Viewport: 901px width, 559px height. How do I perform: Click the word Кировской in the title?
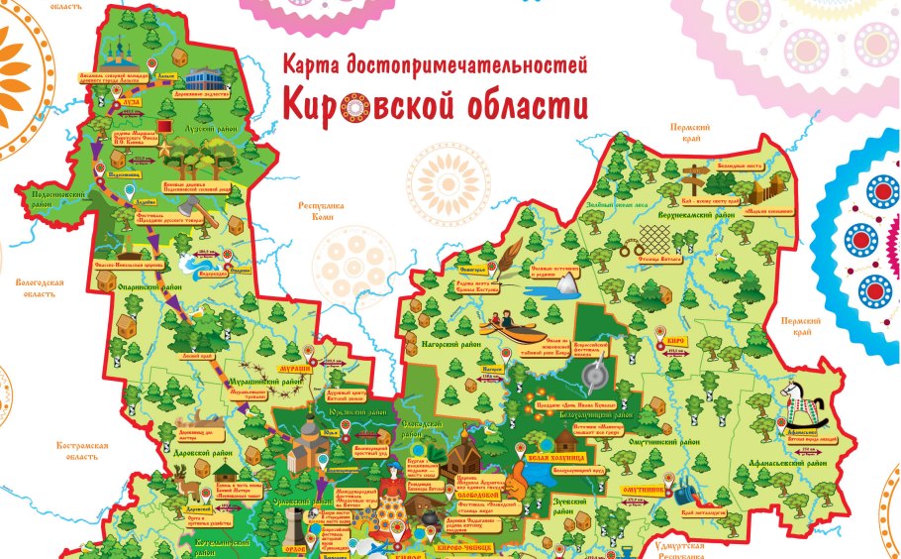(x=365, y=103)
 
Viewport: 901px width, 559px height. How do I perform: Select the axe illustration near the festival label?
(x=206, y=220)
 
